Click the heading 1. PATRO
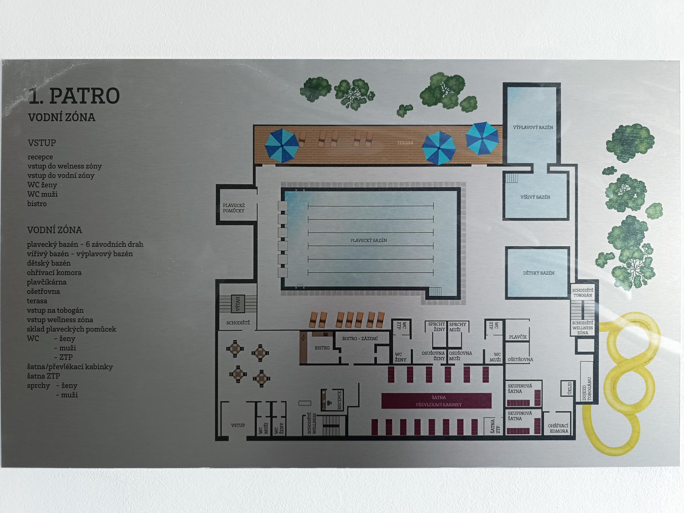click(x=74, y=96)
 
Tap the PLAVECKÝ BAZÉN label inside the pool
click(x=369, y=240)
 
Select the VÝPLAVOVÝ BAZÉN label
click(x=533, y=127)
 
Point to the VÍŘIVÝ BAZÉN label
click(x=535, y=197)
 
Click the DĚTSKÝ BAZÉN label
click(x=539, y=273)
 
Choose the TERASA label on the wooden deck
click(x=405, y=143)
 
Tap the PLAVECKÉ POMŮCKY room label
click(x=234, y=208)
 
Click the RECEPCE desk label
click(x=339, y=400)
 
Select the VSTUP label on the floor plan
click(x=238, y=425)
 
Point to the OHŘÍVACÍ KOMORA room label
click(x=558, y=428)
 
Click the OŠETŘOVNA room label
click(x=520, y=360)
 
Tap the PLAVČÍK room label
click(x=518, y=337)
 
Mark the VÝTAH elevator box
click(x=238, y=304)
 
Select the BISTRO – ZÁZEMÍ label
click(x=360, y=338)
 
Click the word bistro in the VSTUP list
click(x=37, y=204)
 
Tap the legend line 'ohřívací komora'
click(x=54, y=273)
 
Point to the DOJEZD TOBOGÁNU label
click(x=587, y=389)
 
